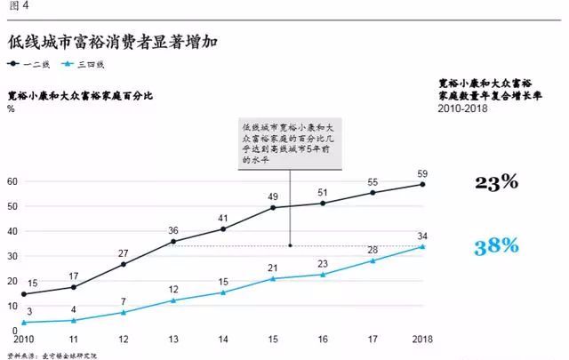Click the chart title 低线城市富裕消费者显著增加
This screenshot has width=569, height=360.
(x=114, y=42)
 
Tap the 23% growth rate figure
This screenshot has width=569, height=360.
(x=496, y=183)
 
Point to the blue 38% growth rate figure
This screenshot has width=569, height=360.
(x=496, y=246)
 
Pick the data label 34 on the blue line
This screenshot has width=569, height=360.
(x=422, y=236)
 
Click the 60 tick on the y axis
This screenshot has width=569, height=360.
(x=12, y=182)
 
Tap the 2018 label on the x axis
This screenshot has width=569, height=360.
(x=422, y=339)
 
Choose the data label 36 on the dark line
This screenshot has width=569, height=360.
(x=172, y=230)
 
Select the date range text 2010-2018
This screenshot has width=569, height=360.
(x=463, y=108)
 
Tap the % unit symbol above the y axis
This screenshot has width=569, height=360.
(x=11, y=108)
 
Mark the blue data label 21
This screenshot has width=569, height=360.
(x=273, y=268)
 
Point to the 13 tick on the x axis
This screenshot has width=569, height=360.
(x=172, y=339)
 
